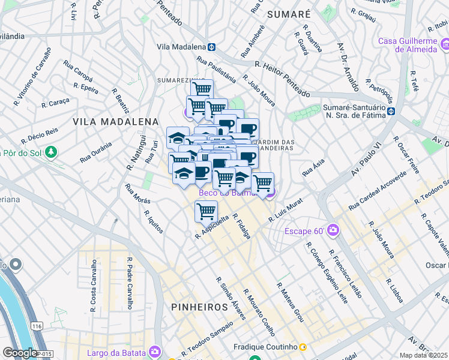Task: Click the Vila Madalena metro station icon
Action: (x=212, y=46)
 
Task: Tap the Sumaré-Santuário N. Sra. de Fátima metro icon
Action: (x=391, y=111)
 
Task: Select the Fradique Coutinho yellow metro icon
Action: (x=303, y=347)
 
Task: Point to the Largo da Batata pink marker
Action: (x=155, y=351)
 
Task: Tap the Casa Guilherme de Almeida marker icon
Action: (x=445, y=44)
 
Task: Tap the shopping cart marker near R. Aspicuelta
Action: (x=206, y=211)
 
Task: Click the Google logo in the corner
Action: (x=20, y=353)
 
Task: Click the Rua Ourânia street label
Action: (x=95, y=152)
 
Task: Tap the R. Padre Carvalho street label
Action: (x=128, y=283)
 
